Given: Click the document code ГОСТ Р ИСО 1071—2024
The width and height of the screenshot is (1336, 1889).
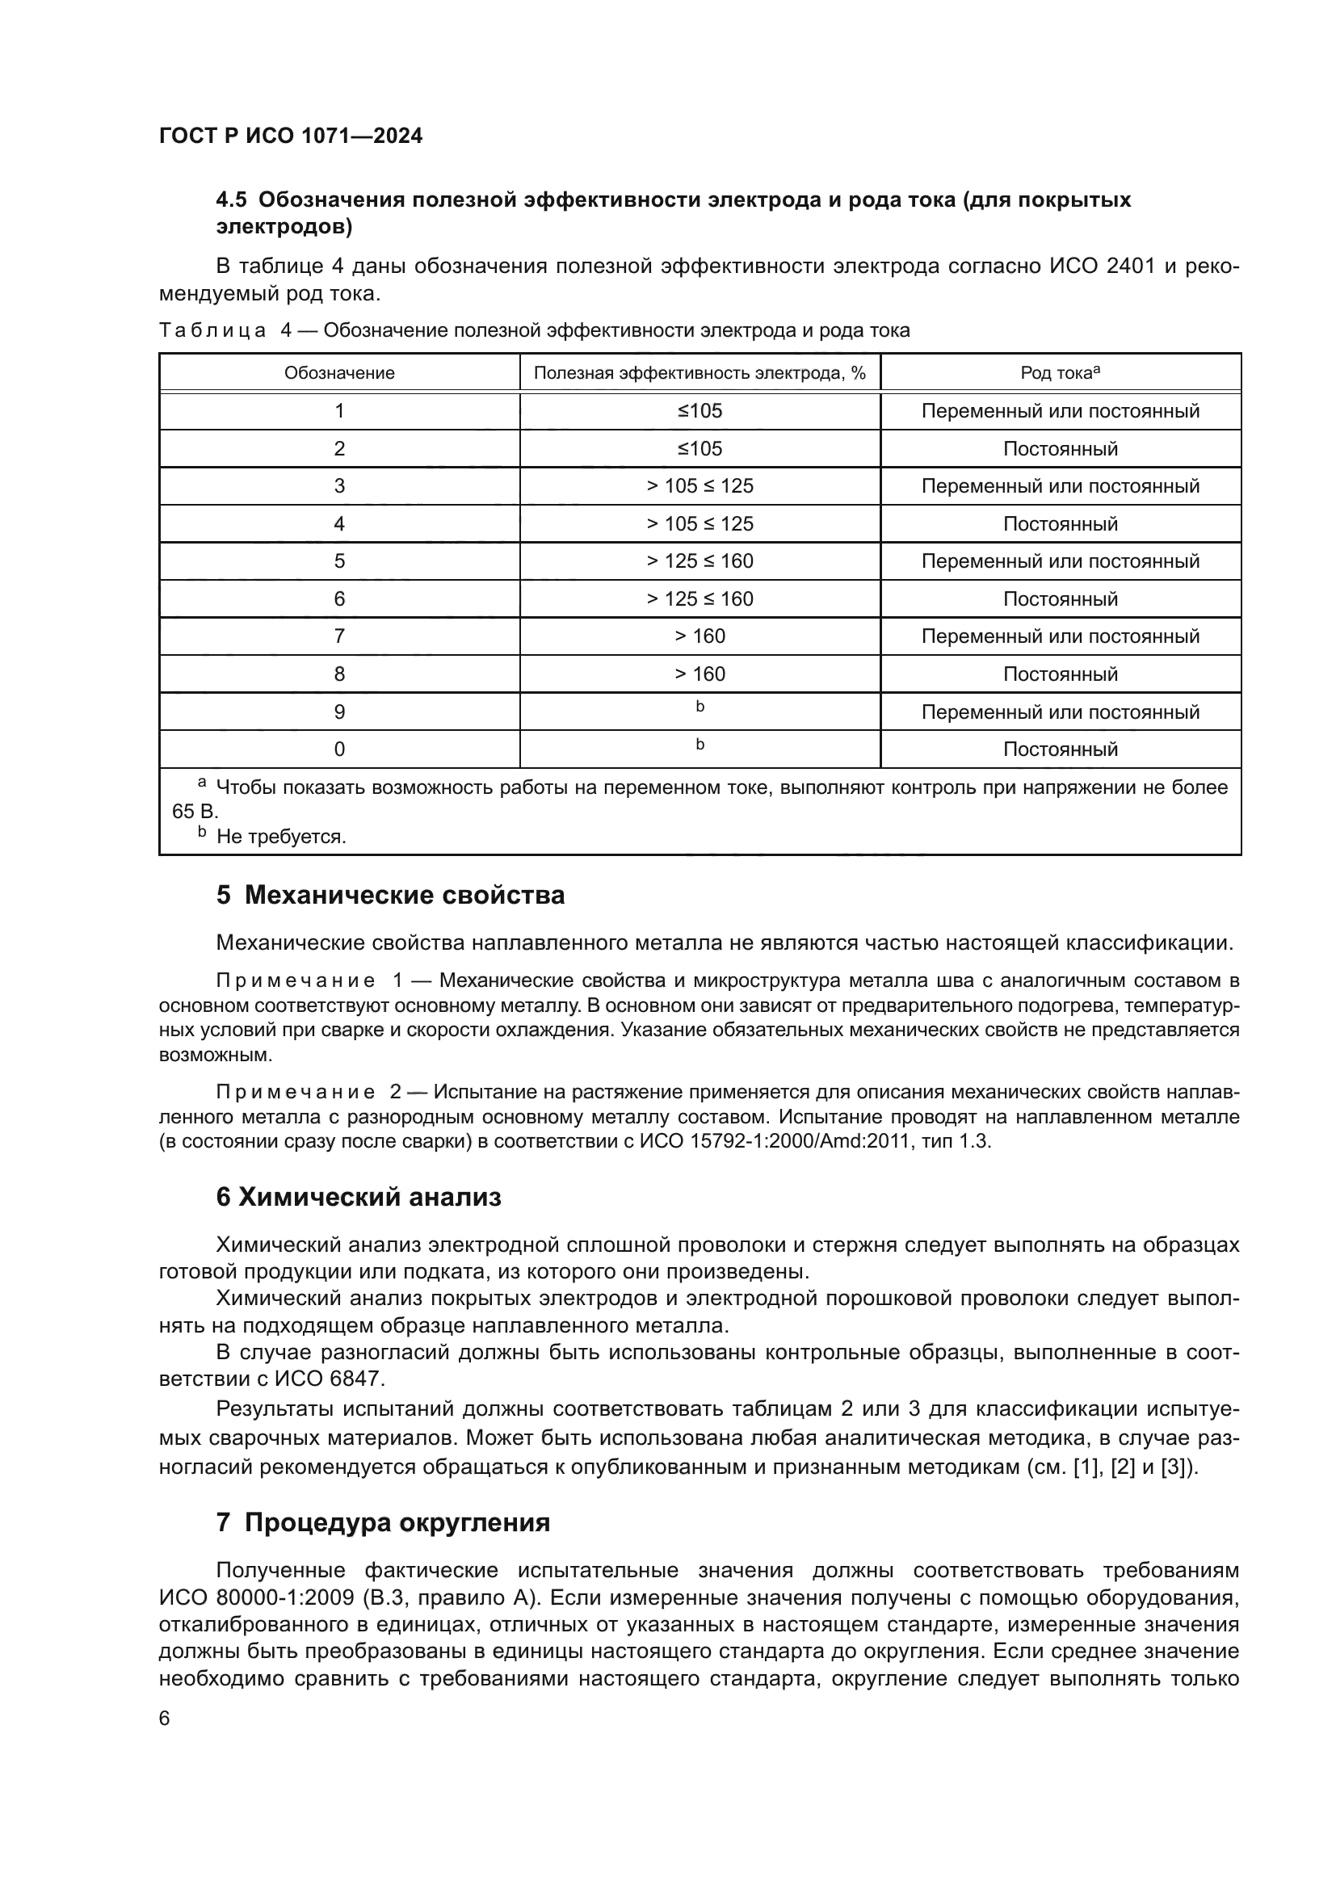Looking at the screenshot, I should click(291, 136).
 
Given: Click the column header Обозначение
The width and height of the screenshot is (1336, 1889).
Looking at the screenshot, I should click(339, 372).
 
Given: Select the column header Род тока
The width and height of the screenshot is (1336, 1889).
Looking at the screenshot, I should click(1060, 372).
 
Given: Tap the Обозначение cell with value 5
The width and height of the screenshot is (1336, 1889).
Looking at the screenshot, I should click(339, 561).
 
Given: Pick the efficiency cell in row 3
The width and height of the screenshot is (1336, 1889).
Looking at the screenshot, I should click(700, 486).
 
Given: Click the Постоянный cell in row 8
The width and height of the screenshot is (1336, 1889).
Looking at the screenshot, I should click(1060, 674).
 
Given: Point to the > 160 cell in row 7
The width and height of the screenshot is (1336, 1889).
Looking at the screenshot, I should click(700, 636).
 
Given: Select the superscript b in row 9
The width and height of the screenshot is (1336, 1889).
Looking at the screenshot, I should click(700, 707).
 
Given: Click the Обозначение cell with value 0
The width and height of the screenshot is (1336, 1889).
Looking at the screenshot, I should click(339, 749).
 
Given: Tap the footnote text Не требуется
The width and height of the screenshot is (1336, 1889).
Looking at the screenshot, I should click(280, 837).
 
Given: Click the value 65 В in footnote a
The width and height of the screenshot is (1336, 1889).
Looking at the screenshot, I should click(194, 811).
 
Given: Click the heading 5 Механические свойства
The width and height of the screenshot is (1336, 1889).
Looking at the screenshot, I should click(390, 895).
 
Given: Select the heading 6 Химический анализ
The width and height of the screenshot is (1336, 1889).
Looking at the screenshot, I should click(358, 1197).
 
